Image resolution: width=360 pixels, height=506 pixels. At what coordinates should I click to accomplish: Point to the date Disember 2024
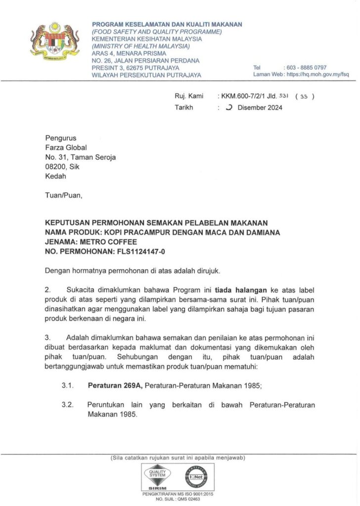pyautogui.click(x=260, y=107)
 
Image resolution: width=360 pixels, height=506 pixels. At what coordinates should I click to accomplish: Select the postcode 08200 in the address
pyautogui.click(x=55, y=167)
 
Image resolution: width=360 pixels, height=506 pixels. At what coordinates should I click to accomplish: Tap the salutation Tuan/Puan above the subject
pyautogui.click(x=64, y=195)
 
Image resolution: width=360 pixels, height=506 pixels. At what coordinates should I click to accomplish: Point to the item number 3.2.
pyautogui.click(x=68, y=405)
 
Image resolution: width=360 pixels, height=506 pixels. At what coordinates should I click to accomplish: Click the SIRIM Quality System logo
pyautogui.click(x=157, y=478)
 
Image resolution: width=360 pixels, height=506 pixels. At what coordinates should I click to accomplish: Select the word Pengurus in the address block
pyautogui.click(x=61, y=138)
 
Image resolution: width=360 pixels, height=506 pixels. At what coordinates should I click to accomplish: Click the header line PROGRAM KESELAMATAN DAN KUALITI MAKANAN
pyautogui.click(x=167, y=25)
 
